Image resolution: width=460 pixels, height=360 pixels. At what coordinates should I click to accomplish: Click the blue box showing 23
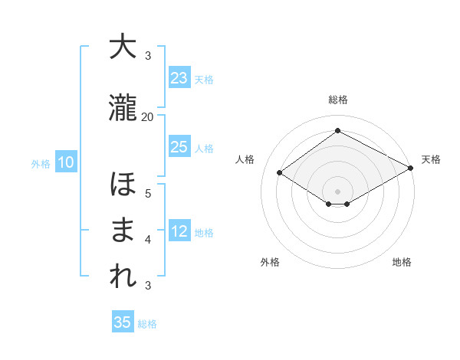(x=179, y=78)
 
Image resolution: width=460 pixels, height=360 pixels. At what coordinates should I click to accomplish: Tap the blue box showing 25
(x=179, y=147)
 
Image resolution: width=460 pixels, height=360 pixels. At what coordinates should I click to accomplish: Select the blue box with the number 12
(x=179, y=231)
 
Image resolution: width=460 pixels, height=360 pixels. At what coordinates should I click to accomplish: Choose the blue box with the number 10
(x=65, y=162)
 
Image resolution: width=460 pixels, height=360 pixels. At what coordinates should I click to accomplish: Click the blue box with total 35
(x=123, y=322)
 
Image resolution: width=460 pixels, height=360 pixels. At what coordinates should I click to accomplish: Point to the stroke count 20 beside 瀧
(x=148, y=116)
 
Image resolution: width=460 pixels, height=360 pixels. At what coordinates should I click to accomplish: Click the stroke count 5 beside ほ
(x=148, y=193)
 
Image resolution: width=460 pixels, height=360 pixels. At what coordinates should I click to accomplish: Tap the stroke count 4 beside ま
(x=148, y=239)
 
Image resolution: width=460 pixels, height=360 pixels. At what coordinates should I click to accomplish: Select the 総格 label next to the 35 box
(x=147, y=324)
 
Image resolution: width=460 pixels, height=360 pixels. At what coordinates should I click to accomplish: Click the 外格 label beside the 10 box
(x=40, y=163)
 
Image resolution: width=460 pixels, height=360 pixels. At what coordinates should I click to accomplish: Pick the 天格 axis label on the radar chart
(x=431, y=159)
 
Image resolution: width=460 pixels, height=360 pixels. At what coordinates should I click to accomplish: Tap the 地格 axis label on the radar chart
(x=402, y=262)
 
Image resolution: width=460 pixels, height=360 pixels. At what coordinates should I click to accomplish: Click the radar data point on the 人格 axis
(x=279, y=173)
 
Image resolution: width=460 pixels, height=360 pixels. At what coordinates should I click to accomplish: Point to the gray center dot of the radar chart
(x=337, y=190)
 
